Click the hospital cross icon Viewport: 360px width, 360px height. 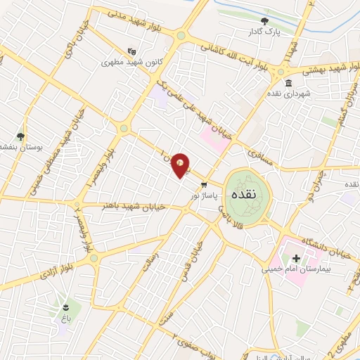point(296,259)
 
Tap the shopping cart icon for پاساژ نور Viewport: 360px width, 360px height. point(204,186)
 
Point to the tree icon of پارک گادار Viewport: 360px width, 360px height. point(264,22)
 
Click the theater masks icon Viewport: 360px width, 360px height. point(131,51)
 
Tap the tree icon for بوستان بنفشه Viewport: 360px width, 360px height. point(20,136)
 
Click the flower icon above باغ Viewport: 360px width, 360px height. point(66,308)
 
